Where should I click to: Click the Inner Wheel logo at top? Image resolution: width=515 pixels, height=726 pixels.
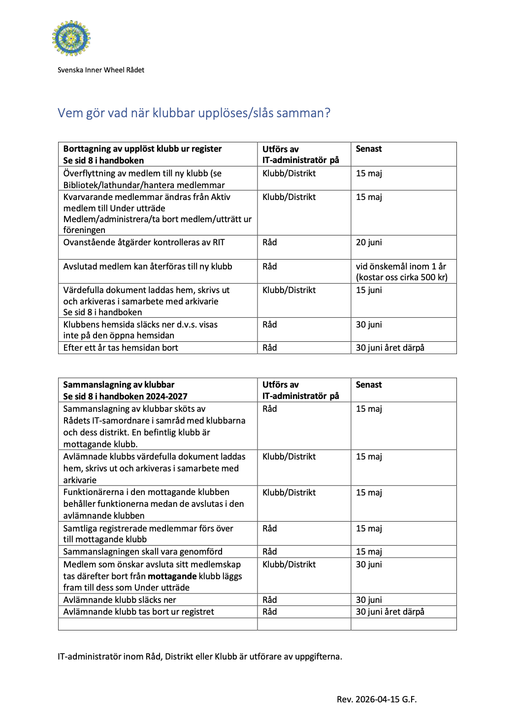click(71, 38)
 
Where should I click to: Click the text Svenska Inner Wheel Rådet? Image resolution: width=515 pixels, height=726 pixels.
click(101, 70)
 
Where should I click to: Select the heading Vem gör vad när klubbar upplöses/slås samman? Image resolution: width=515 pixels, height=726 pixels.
click(194, 113)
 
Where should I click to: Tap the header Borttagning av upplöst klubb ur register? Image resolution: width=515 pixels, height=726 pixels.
click(142, 149)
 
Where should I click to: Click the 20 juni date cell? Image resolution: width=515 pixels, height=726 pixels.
click(369, 242)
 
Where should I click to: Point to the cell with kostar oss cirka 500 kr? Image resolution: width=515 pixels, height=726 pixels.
click(402, 277)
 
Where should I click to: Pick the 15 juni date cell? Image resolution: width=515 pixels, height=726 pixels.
click(369, 290)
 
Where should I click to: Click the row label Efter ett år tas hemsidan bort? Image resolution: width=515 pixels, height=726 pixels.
click(121, 348)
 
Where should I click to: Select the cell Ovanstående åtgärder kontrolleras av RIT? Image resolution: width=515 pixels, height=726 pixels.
click(144, 242)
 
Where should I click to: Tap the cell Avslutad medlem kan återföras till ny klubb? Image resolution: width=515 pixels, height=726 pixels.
click(148, 266)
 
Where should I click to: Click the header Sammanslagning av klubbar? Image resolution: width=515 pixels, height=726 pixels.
click(119, 385)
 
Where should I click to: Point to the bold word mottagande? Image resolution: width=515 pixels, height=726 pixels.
click(172, 576)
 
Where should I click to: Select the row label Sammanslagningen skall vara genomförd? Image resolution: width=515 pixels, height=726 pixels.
click(143, 552)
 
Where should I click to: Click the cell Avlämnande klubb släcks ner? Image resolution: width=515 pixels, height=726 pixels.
click(120, 600)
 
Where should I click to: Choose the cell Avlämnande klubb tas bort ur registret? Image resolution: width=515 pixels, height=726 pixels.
click(139, 612)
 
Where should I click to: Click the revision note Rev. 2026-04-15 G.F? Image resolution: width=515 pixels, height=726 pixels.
click(377, 699)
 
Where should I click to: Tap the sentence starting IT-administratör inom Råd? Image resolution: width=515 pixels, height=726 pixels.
click(200, 657)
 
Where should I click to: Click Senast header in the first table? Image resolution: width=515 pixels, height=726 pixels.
click(369, 149)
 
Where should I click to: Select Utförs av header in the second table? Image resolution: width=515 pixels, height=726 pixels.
click(281, 385)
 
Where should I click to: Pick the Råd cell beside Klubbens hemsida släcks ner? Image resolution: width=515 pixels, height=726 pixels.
click(270, 325)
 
